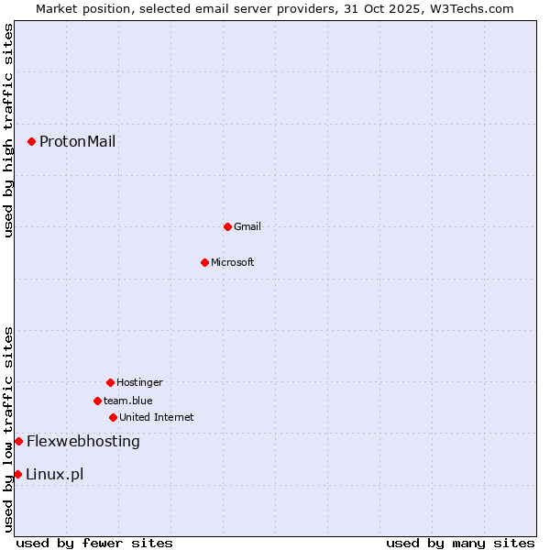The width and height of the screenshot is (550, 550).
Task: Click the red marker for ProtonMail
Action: [31, 141]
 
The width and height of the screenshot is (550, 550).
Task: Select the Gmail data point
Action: [227, 226]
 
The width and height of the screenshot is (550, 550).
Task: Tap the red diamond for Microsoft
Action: [204, 262]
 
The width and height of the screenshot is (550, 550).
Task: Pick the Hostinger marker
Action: [110, 382]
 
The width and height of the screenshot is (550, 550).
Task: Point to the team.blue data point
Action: [97, 401]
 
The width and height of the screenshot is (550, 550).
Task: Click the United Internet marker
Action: [113, 417]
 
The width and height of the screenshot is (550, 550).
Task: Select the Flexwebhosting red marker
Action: [18, 441]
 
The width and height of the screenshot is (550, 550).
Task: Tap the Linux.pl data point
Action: [17, 474]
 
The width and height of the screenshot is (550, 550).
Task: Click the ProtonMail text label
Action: [77, 141]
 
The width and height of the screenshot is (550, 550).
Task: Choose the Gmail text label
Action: [247, 226]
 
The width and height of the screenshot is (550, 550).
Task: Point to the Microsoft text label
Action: [233, 262]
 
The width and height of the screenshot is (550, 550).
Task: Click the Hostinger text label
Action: [139, 382]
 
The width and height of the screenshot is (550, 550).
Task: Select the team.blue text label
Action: [128, 401]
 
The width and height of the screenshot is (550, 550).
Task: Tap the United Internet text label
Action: [157, 417]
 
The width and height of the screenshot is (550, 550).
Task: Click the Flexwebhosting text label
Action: [83, 441]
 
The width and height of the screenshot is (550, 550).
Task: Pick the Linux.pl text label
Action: [55, 474]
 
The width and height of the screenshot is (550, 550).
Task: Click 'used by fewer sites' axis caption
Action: [94, 543]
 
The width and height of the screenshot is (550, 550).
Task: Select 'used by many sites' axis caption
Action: [460, 543]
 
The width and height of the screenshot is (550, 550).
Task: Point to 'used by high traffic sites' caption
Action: [8, 131]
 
